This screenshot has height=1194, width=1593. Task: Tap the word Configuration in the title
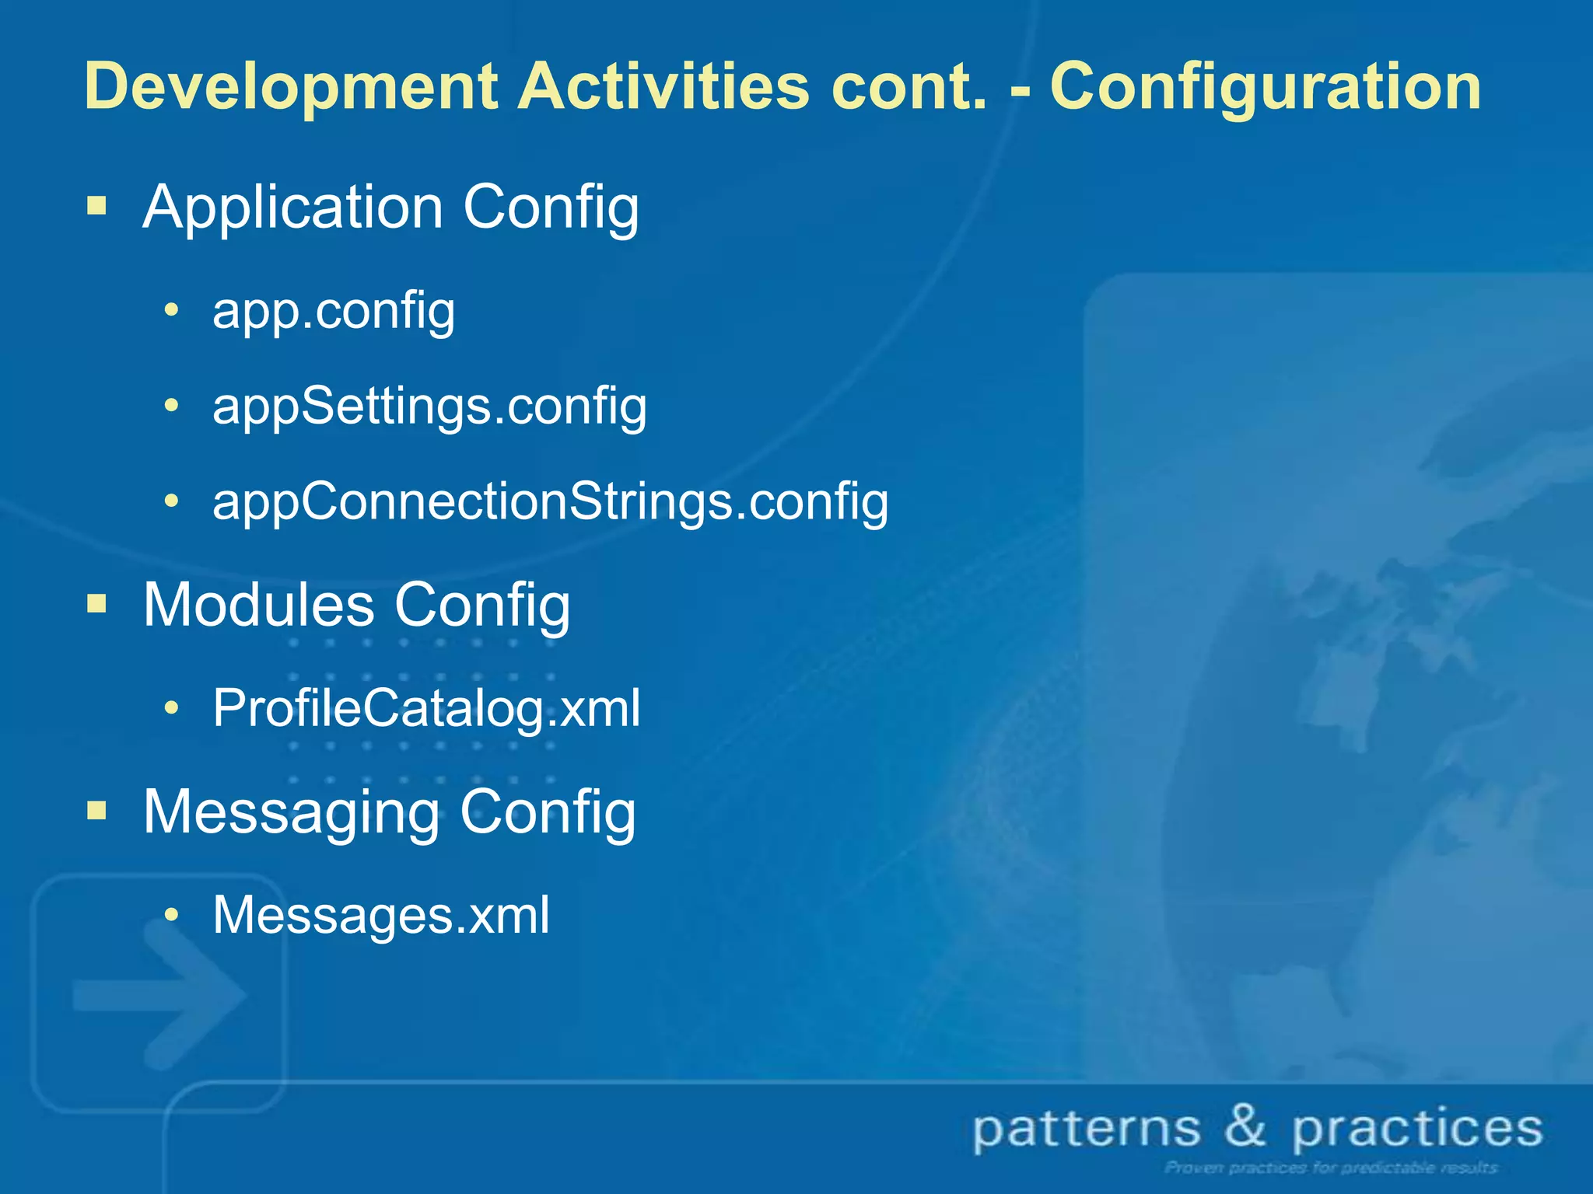(1266, 87)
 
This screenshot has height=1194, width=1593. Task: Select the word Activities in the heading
(663, 86)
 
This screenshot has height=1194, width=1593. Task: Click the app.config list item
(334, 311)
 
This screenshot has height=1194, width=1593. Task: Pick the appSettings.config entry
(429, 407)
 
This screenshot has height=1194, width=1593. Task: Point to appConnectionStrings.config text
(550, 502)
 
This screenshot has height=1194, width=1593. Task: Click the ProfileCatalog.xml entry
(426, 708)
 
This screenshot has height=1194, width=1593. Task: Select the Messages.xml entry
(381, 915)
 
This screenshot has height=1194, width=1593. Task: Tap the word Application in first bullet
(292, 208)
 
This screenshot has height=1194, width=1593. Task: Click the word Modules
(258, 605)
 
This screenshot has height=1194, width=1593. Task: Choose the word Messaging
(291, 812)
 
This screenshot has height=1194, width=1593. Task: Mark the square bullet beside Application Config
(96, 206)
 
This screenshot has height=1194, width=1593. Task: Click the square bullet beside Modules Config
(96, 603)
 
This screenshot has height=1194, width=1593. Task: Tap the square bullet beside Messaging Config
(96, 811)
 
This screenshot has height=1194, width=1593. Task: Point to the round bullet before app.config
(172, 310)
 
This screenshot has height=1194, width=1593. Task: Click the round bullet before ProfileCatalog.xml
(172, 707)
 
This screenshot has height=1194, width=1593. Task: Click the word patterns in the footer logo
(1087, 1129)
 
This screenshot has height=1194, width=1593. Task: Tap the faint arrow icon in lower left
(159, 995)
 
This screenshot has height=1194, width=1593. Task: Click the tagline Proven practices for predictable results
(1331, 1168)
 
